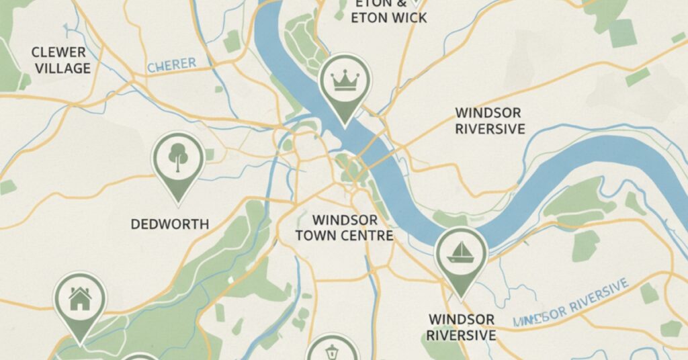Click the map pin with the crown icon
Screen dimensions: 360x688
tap(344, 81)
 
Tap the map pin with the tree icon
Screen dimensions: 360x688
tap(178, 159)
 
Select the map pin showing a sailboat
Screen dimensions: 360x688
tap(461, 253)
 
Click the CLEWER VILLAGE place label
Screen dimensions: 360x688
tap(59, 60)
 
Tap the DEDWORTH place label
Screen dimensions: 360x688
tap(169, 224)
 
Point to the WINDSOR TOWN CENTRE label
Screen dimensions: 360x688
tap(344, 228)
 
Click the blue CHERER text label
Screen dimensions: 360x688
tap(171, 66)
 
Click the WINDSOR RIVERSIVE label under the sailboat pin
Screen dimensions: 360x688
tap(462, 326)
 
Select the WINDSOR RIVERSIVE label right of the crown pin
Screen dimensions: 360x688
tap(489, 120)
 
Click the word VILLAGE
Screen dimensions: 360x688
tap(59, 69)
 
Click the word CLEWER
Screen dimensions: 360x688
tap(59, 52)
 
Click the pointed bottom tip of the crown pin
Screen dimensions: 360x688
tap(344, 125)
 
